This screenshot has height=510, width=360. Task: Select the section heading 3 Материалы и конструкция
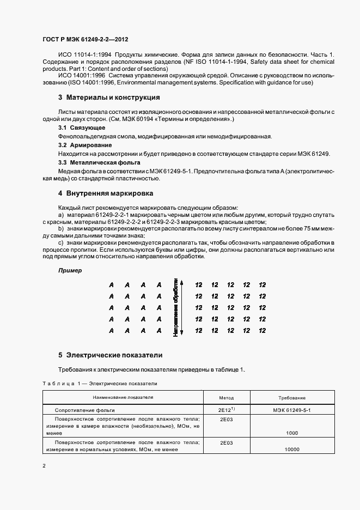pyautogui.click(x=109, y=98)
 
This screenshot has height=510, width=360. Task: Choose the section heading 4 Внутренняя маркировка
pyautogui.click(x=106, y=193)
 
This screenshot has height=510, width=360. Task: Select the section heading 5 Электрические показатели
pyautogui.click(x=111, y=355)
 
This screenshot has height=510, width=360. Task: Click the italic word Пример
pyautogui.click(x=70, y=270)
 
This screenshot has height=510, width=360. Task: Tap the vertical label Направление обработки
pyautogui.click(x=175, y=307)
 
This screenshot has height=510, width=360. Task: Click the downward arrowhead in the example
pyautogui.click(x=182, y=332)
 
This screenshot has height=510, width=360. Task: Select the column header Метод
pyautogui.click(x=226, y=398)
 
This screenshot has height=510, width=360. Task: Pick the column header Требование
pyautogui.click(x=292, y=398)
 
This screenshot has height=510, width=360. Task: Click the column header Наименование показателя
pyautogui.click(x=123, y=398)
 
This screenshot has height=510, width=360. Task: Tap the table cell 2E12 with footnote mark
pyautogui.click(x=227, y=409)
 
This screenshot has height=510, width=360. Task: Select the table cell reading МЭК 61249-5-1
pyautogui.click(x=292, y=409)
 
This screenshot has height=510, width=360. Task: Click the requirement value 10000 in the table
pyautogui.click(x=292, y=450)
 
